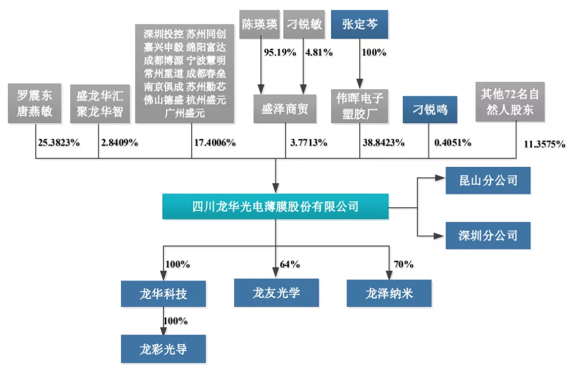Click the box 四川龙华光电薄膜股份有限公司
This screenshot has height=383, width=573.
(275, 206)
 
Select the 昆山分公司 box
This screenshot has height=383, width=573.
(488, 181)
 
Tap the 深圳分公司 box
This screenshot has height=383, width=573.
(488, 235)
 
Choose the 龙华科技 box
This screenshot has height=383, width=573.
(163, 293)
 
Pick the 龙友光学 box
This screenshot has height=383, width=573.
(276, 293)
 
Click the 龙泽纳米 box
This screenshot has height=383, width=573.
(389, 293)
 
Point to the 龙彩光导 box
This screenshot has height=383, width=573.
(163, 349)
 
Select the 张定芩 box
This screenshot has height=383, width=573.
(360, 24)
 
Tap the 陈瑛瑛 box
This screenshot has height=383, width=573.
(259, 24)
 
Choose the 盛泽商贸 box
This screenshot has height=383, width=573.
(285, 109)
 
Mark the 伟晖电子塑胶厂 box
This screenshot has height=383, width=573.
(360, 105)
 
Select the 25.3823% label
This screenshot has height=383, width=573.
(59, 142)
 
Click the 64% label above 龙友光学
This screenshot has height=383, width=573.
(290, 264)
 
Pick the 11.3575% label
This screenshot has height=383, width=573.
(544, 144)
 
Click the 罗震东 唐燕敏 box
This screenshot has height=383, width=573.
(35, 103)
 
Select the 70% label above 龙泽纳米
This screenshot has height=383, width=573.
(403, 264)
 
